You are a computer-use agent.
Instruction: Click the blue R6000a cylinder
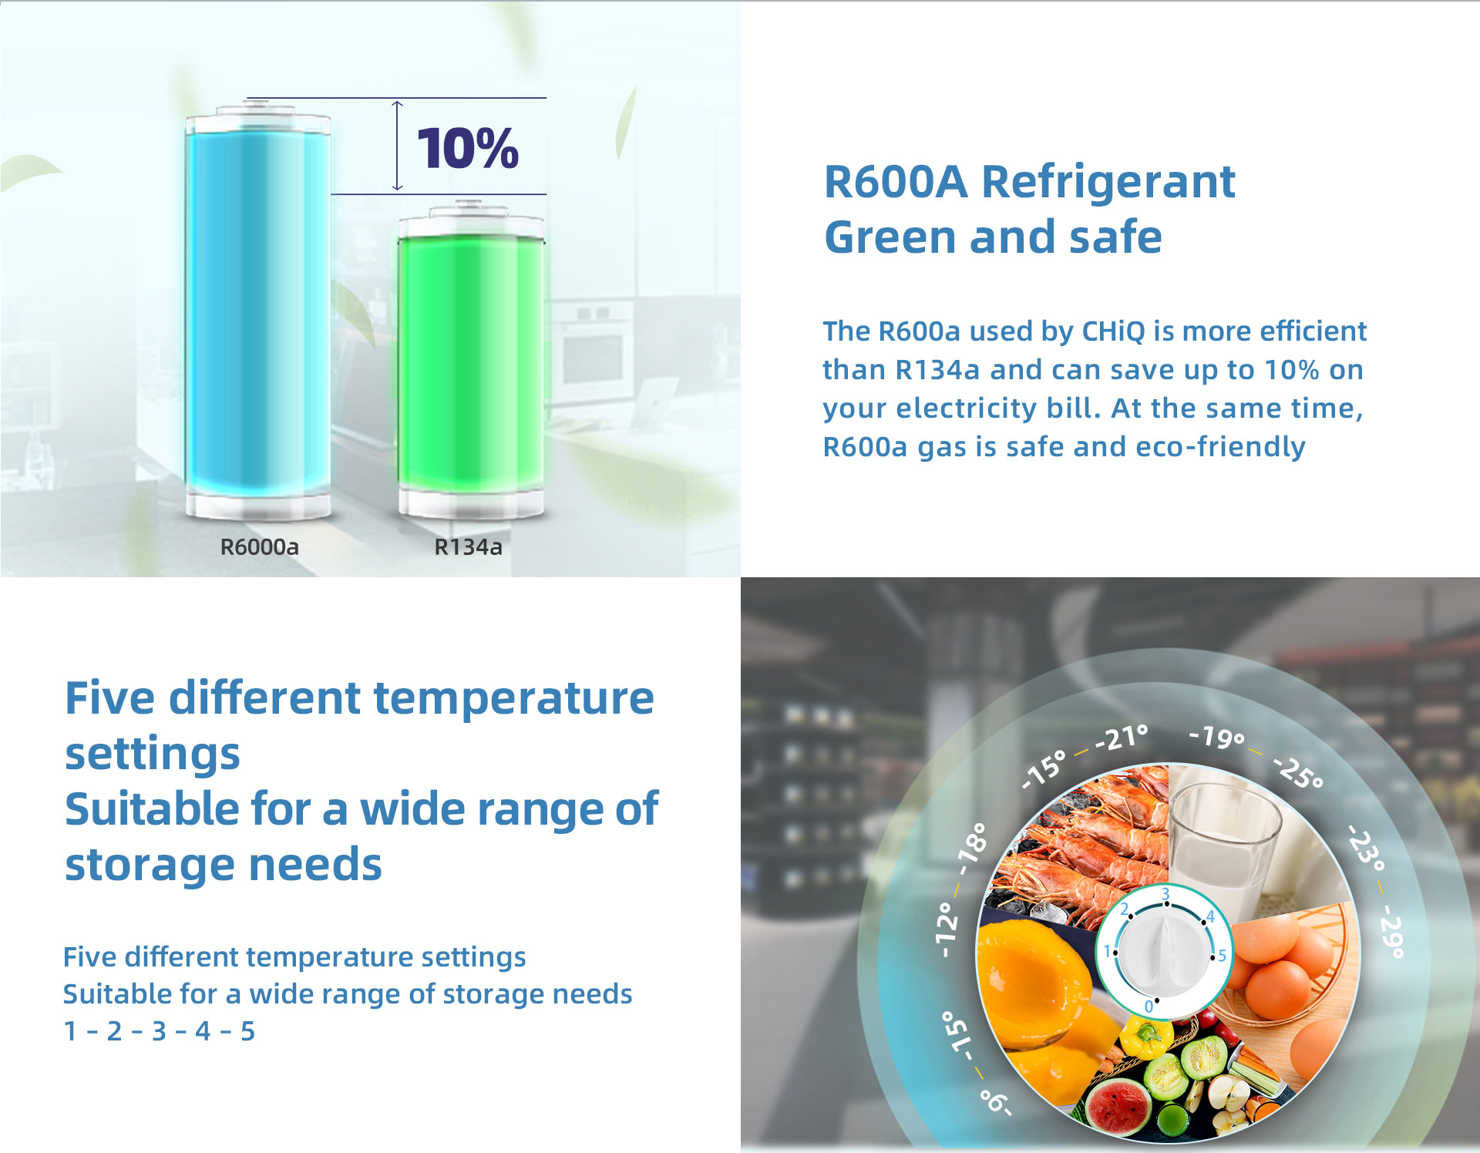point(258,311)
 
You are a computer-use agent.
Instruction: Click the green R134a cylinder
point(471,359)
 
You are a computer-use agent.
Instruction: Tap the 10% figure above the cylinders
point(468,148)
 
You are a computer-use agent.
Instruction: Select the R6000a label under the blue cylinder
point(259,546)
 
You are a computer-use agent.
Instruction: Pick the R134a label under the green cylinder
point(469,546)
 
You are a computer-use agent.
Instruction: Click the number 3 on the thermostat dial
point(1165,893)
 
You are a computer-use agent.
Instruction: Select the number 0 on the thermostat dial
point(1149,1007)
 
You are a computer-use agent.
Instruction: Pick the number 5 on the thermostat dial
point(1223,956)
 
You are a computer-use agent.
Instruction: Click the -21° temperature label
point(1122,738)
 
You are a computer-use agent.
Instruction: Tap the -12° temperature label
point(947,929)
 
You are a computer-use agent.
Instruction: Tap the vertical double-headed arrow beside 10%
point(397,146)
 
